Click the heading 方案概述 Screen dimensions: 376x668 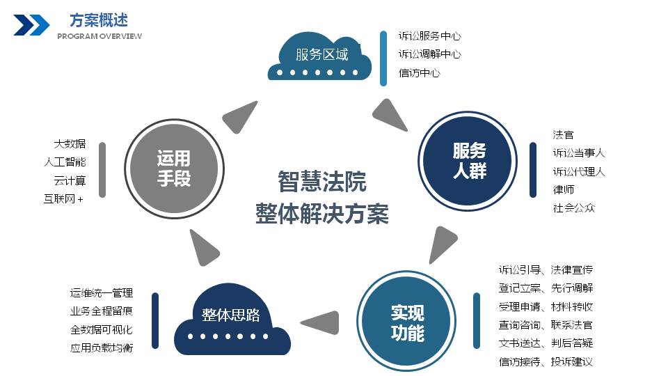[98, 19]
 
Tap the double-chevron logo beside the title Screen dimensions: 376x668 [31, 25]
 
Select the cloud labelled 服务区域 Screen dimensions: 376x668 [321, 55]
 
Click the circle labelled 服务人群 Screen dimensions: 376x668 [470, 160]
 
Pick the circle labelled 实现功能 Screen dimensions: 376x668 [407, 322]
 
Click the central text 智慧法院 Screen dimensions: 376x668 [321, 182]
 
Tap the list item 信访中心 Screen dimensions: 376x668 [419, 72]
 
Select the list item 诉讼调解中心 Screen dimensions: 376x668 [429, 54]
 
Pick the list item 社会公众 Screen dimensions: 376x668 [574, 207]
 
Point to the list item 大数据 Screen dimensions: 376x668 [70, 143]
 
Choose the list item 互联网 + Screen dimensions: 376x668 [63, 199]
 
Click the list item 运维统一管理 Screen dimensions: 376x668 [101, 293]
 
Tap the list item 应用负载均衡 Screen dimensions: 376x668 [101, 347]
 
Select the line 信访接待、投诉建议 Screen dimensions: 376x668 [546, 361]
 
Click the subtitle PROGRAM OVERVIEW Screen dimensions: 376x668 [99, 36]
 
